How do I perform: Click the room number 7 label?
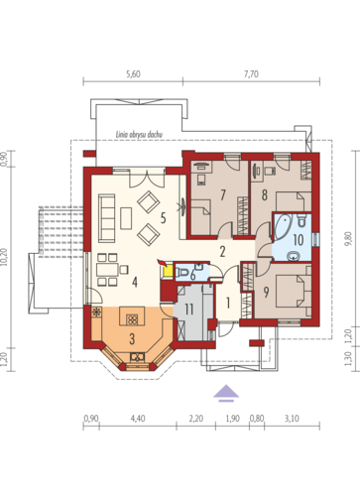(223, 194)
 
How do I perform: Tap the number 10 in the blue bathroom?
(299, 240)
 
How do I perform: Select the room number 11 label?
(188, 310)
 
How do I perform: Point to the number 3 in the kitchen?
(132, 338)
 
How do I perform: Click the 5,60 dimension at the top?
(133, 74)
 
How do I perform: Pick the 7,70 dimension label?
(251, 74)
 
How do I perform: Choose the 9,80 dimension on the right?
(348, 239)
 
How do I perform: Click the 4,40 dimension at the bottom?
(138, 419)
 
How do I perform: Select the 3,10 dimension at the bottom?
(292, 419)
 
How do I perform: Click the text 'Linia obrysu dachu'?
(139, 135)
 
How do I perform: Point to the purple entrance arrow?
(226, 393)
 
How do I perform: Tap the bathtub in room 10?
(283, 227)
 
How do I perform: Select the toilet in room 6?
(182, 273)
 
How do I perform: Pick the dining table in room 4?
(107, 270)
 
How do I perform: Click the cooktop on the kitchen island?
(132, 319)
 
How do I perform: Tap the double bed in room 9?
(291, 292)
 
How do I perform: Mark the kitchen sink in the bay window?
(137, 357)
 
